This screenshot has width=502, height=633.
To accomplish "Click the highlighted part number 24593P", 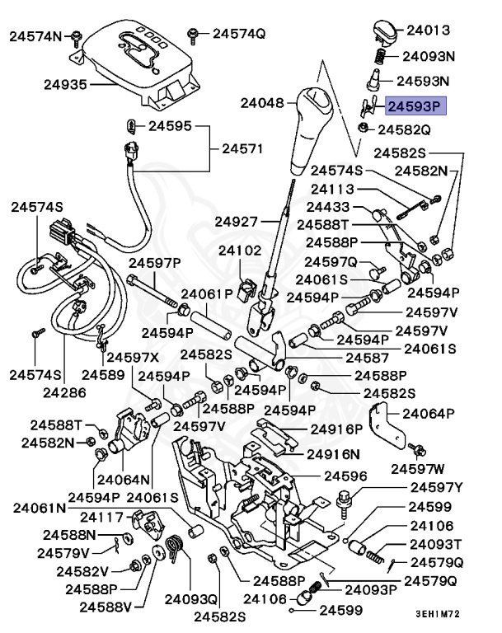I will (415, 105).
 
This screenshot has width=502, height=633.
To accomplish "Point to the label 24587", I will (366, 358).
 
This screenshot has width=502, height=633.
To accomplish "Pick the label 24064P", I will (428, 414).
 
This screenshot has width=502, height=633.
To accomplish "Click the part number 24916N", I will (334, 454).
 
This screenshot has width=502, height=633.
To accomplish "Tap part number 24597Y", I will (436, 487).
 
